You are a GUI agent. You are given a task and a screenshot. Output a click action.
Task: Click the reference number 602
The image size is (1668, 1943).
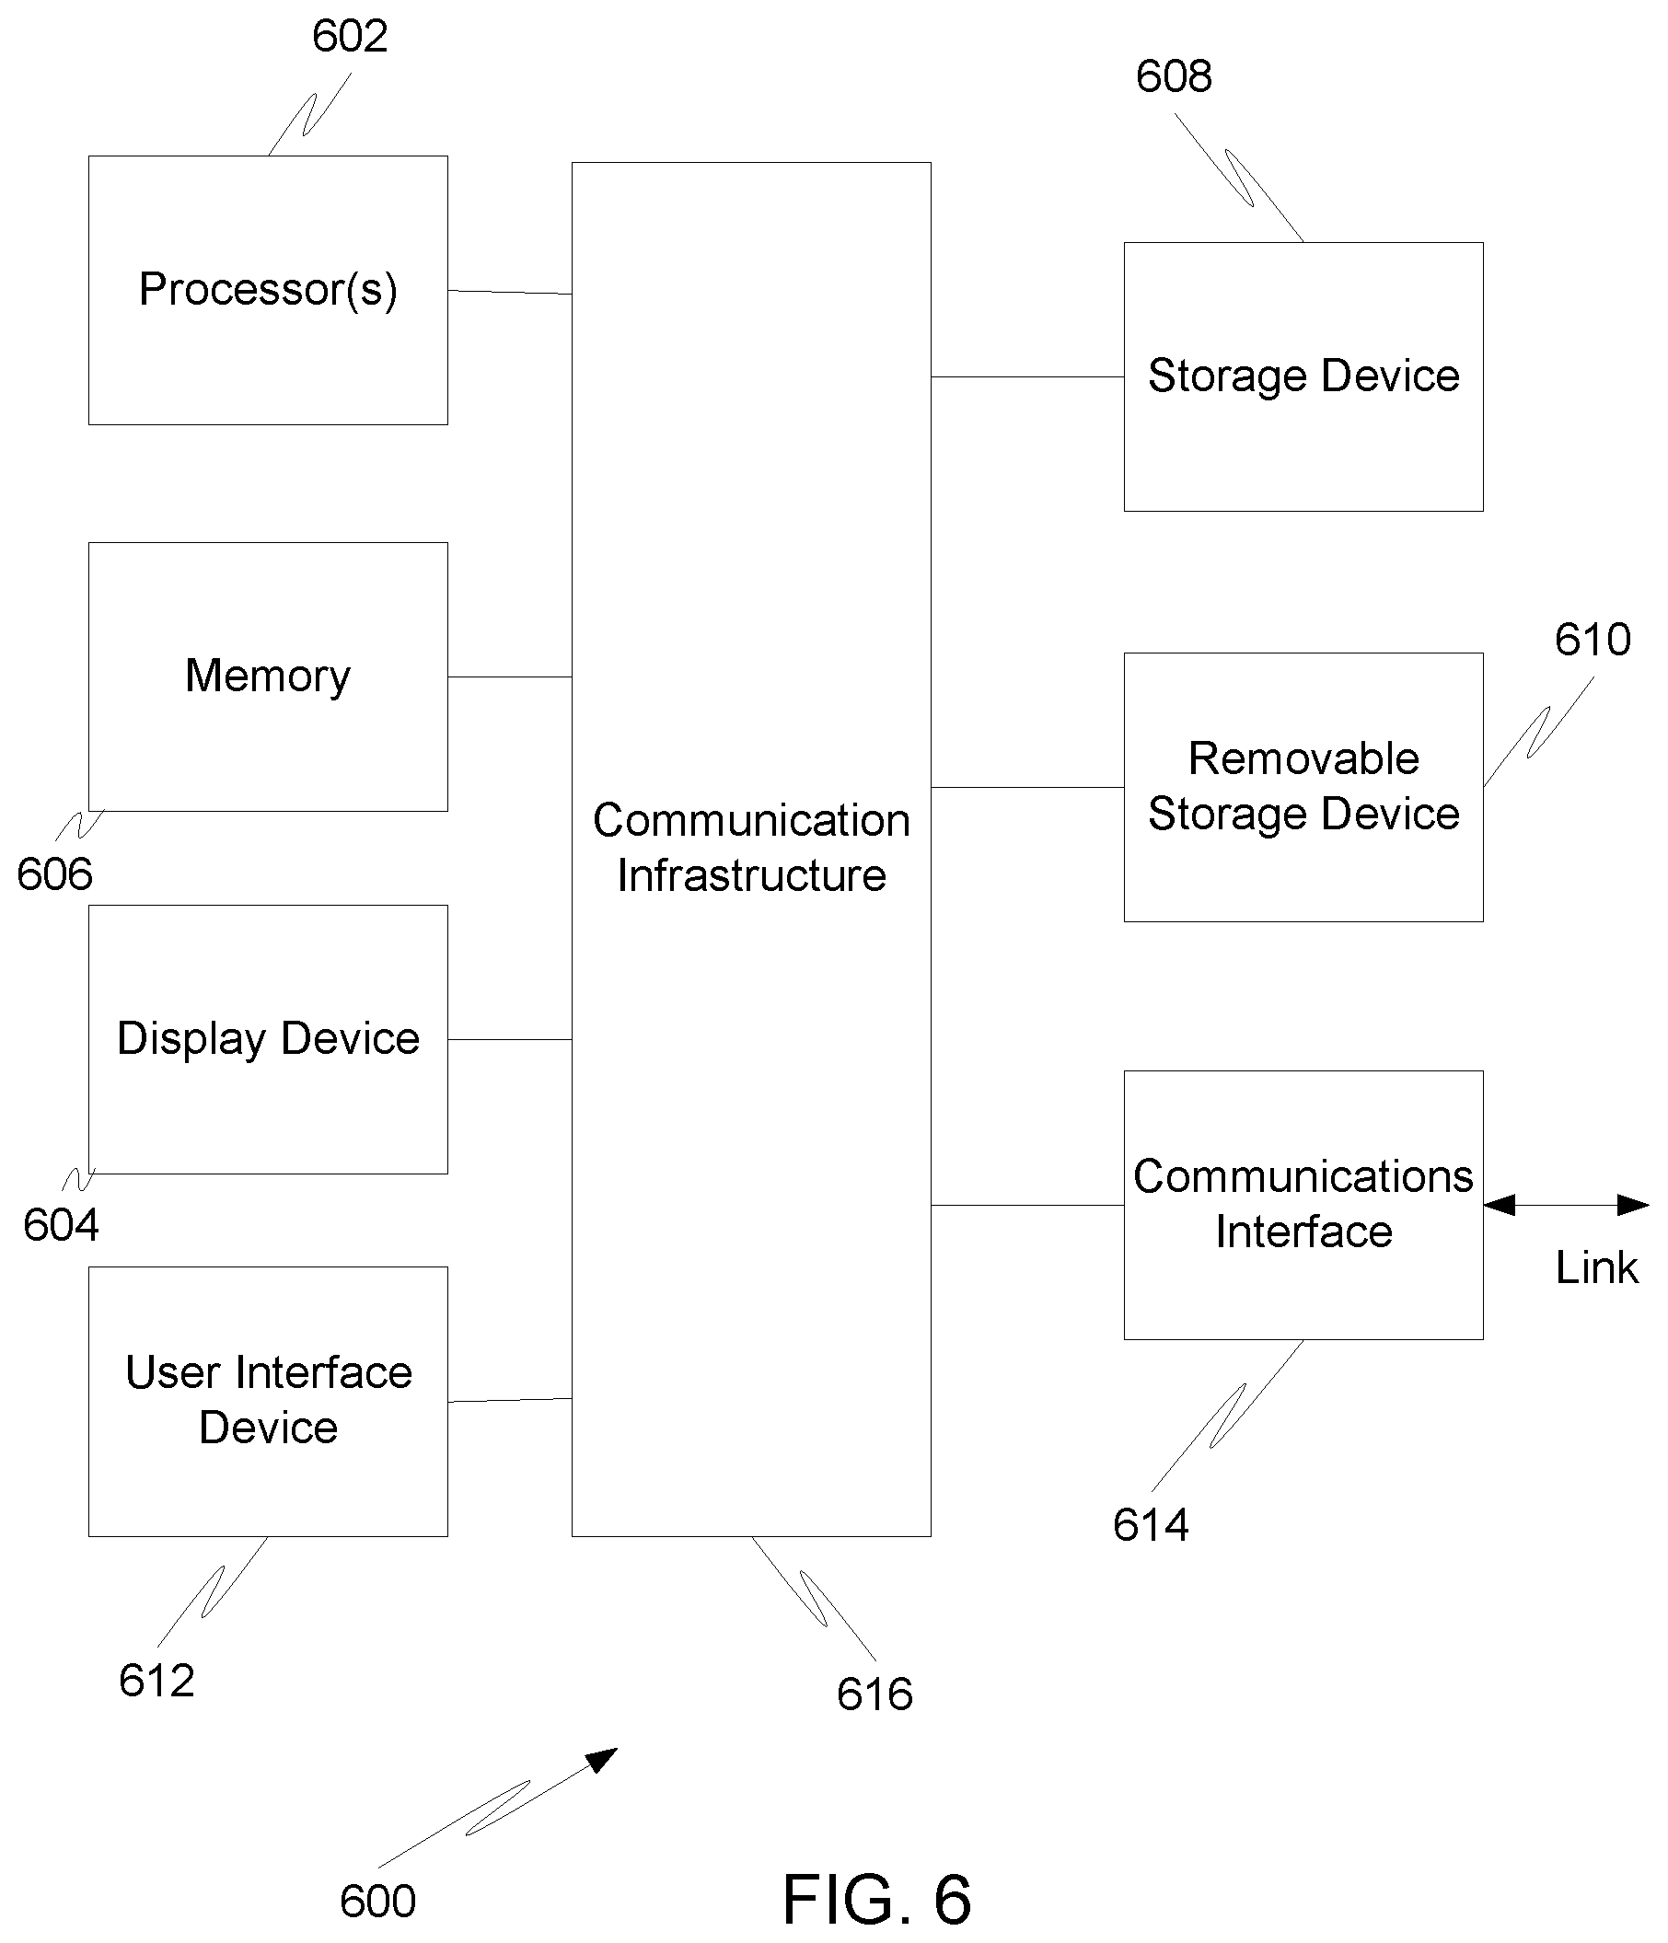click(x=349, y=37)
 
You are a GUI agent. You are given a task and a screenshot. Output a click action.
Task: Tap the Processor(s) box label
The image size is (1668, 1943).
click(x=268, y=290)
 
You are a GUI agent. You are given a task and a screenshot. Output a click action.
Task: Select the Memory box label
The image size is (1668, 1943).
click(x=268, y=677)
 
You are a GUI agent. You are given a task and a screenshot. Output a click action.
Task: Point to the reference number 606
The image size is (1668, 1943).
click(x=54, y=875)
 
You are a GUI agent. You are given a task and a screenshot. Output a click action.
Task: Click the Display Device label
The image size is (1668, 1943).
click(x=268, y=1040)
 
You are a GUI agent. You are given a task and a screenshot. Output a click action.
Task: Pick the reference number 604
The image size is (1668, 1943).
click(x=61, y=1225)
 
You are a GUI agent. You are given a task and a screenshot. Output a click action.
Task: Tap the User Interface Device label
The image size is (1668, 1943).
click(x=268, y=1400)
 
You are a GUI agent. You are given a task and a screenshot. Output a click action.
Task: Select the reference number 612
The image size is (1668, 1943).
click(x=156, y=1681)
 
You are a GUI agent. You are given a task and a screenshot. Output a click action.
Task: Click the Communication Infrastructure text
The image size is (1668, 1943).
click(x=751, y=848)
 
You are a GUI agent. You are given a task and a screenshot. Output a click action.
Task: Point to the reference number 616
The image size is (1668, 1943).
click(x=875, y=1694)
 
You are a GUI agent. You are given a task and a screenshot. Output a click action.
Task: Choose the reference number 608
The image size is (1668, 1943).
click(x=1174, y=76)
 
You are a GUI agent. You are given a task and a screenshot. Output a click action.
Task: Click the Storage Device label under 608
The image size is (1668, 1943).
click(x=1303, y=376)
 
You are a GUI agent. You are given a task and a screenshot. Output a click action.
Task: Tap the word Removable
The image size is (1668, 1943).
click(x=1303, y=758)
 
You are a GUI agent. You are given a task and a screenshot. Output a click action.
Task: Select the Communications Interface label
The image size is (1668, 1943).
click(x=1303, y=1204)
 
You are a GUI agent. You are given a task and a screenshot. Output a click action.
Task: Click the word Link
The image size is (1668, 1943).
click(x=1597, y=1267)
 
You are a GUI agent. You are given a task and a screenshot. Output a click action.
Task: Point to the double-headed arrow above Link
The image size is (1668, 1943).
click(x=1566, y=1205)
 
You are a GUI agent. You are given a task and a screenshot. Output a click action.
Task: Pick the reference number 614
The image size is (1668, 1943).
click(x=1151, y=1525)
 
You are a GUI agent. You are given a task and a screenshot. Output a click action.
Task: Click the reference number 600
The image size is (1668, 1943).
click(x=376, y=1902)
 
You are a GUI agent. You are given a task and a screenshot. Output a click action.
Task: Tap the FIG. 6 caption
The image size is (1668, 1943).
click(x=876, y=1900)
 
